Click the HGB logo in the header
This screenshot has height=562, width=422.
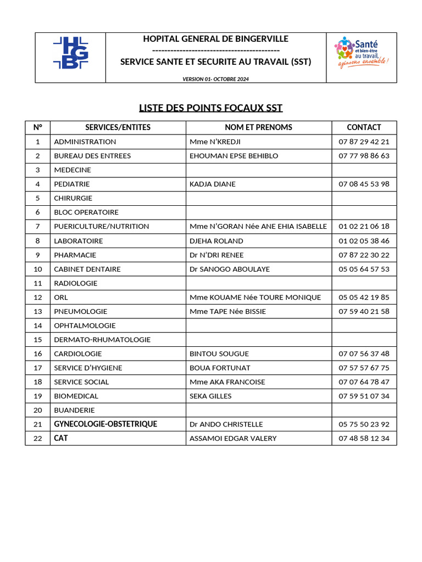[x=70, y=53]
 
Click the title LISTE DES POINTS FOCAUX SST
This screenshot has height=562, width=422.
[x=210, y=108]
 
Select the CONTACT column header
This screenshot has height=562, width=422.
[x=364, y=127]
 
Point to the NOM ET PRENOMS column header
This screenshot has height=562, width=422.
[x=258, y=127]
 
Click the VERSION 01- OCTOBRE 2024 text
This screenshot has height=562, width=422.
[x=215, y=79]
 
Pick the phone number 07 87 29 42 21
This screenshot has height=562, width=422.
[x=364, y=142]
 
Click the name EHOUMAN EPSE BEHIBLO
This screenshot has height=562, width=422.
[x=234, y=156]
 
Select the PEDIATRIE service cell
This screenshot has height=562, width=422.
[x=71, y=184]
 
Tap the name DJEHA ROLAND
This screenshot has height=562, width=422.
[x=216, y=241]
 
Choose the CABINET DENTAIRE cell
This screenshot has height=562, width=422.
[x=87, y=269]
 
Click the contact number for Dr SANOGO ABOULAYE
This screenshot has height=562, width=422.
[x=364, y=269]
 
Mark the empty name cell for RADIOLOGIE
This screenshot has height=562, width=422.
[x=258, y=283]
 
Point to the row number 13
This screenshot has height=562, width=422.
[x=38, y=311]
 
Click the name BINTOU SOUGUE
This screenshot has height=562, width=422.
[x=219, y=354]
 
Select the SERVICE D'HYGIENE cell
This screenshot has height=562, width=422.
[x=88, y=368]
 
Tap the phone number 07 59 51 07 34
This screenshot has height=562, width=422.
[x=364, y=396]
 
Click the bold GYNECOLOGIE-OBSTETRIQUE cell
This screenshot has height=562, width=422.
[x=105, y=424]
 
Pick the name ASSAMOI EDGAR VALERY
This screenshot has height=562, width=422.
[x=233, y=439]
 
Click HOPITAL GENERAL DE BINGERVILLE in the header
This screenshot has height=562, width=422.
[x=215, y=39]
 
